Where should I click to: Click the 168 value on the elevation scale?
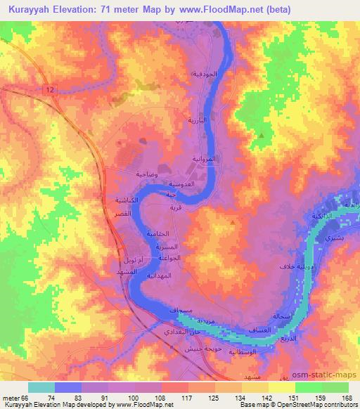pos(345,397)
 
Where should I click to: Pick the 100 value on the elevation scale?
pos(130,397)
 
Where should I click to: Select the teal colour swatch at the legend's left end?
pos(42,387)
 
